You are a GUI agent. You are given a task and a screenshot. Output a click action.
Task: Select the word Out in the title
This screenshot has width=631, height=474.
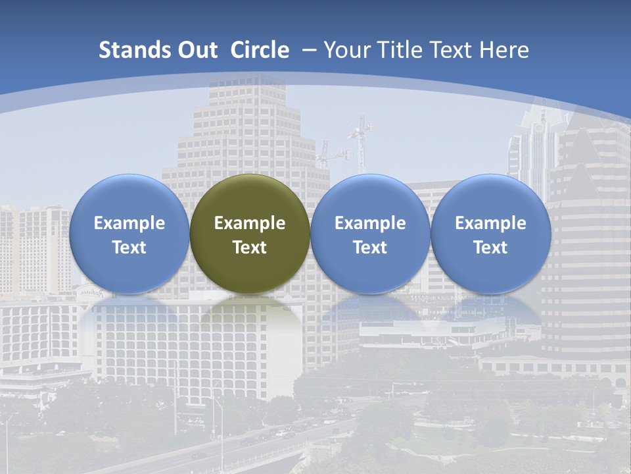click(196, 50)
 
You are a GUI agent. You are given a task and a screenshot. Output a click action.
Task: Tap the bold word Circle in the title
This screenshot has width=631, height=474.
click(260, 50)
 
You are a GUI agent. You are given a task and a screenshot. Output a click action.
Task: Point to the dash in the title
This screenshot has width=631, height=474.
click(310, 51)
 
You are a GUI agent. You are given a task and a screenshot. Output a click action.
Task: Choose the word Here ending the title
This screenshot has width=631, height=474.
click(505, 50)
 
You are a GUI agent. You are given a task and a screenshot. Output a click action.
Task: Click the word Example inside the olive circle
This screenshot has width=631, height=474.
click(250, 223)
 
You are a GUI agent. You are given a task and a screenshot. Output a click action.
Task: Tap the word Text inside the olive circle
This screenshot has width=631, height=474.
click(250, 248)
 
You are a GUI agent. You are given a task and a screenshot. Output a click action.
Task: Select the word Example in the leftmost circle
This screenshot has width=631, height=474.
click(129, 223)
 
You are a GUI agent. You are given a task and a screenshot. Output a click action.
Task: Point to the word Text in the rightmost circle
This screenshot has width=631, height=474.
click(490, 248)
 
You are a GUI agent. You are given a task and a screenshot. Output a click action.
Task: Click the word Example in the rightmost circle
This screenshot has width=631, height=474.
click(490, 223)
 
